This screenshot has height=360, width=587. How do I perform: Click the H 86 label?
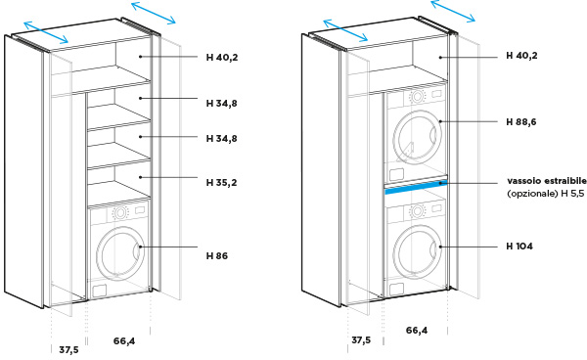coord(217,256)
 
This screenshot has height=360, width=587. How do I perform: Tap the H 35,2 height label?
coord(222,183)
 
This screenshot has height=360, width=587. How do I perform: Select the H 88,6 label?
coord(521,122)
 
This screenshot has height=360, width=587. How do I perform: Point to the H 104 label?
coord(519,247)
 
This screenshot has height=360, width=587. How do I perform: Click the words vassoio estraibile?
coord(547,181)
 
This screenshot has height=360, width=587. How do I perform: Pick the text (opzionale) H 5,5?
coord(546,194)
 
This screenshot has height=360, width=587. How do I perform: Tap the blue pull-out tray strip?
coord(416,187)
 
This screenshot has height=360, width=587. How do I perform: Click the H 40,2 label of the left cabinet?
coord(222,58)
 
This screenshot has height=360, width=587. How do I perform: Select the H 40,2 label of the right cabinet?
coord(521,56)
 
